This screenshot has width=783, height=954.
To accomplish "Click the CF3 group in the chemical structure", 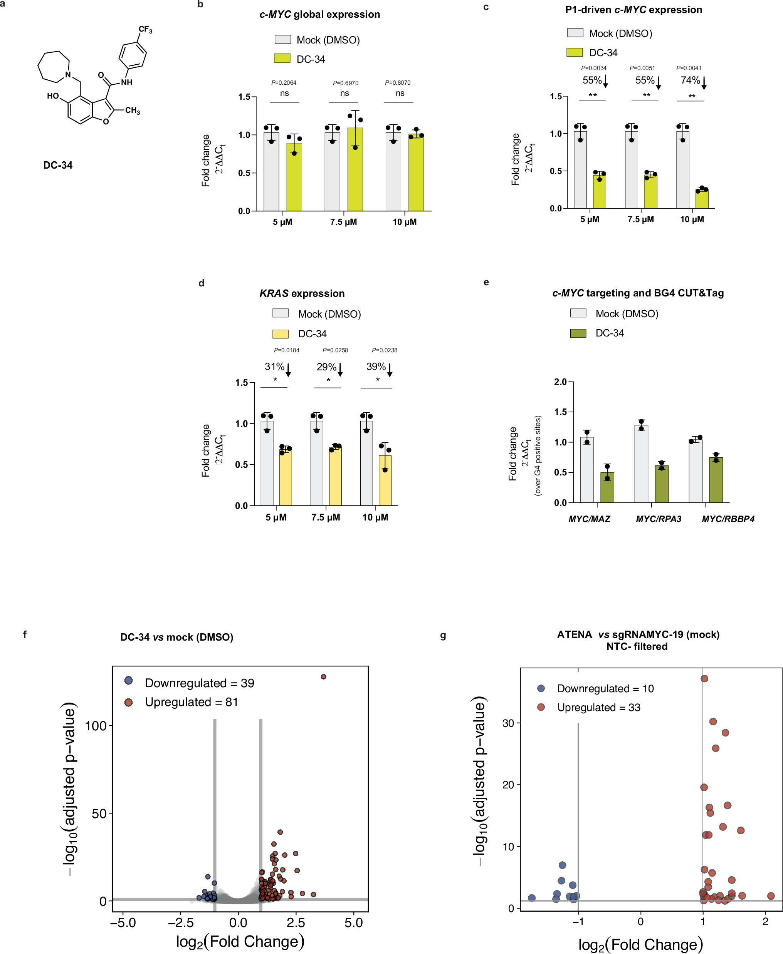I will coord(145,29).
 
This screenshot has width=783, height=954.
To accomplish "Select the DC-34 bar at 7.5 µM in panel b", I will coord(355,169).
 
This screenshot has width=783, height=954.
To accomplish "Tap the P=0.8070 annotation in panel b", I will coord(397,82).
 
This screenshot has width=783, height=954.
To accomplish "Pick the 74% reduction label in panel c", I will coord(690,80).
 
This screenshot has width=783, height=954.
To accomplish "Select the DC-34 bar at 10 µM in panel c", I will coord(701,199).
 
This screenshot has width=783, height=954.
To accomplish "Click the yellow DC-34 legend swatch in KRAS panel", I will coord(280,334).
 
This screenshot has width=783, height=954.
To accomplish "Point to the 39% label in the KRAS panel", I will coord(376,367).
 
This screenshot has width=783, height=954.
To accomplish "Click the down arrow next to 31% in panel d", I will coord(288,369).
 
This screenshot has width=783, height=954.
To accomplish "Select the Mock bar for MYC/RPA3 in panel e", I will coord(641,463).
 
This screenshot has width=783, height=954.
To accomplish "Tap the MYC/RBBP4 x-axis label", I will coord(728,519).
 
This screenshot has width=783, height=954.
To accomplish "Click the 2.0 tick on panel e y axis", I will coord(560,382).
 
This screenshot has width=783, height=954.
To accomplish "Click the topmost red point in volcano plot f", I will coord(323,676).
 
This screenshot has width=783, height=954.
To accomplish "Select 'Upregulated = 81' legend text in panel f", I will coord(191,702).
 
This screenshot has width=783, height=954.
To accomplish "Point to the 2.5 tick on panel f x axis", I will coord(296,922).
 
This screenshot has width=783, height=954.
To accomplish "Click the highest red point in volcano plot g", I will coord(704,678).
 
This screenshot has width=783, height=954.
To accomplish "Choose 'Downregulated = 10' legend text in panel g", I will coord(605,689).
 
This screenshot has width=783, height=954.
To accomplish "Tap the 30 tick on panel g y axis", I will coord(508,723).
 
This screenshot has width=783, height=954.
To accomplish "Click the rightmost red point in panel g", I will coord(771,896).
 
